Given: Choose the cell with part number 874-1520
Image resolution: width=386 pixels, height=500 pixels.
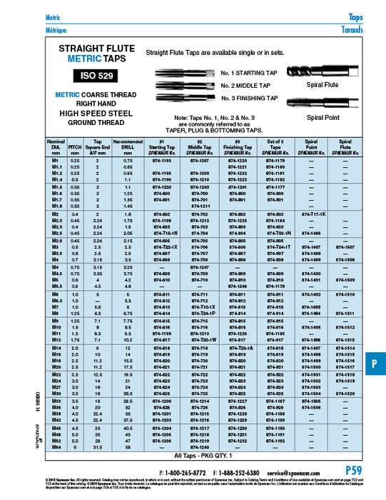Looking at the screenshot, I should coord(349,394).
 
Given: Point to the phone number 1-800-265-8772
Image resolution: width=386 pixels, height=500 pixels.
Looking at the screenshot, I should coord(181,473).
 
